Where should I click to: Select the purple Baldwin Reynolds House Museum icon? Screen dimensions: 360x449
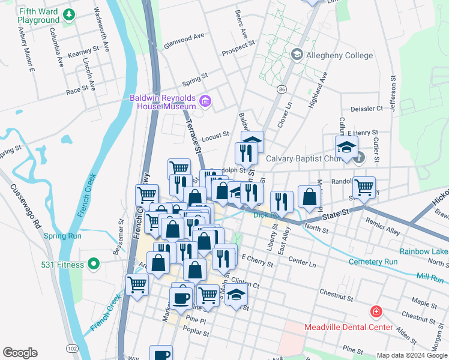tap(206, 101)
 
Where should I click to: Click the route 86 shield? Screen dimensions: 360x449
tap(281, 89)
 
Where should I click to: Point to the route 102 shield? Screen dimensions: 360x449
tap(72, 348)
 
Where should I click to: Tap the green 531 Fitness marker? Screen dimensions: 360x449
tap(92, 264)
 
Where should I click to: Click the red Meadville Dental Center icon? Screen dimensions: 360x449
tap(376, 312)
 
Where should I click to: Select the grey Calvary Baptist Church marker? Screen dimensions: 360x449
tap(359, 158)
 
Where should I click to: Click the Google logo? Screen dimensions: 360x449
tap(20, 353)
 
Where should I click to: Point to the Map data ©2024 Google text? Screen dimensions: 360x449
tap(411, 355)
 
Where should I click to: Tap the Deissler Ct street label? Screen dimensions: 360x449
tap(366, 109)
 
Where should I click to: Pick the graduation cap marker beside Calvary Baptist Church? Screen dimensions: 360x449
tap(346, 147)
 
